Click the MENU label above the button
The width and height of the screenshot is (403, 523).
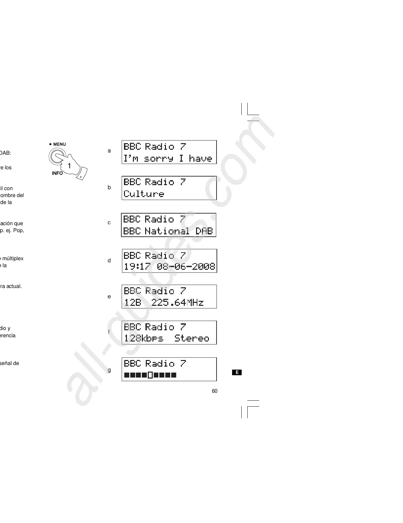click(x=60, y=144)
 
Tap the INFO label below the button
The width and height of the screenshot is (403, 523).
click(x=57, y=173)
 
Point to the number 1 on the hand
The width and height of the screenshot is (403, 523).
click(x=69, y=166)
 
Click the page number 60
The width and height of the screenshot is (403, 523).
click(x=215, y=391)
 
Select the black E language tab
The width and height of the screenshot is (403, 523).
click(x=237, y=373)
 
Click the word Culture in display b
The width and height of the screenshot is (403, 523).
click(x=144, y=194)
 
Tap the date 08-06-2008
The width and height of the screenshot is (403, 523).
click(x=186, y=266)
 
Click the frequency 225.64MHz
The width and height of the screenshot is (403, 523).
click(x=177, y=302)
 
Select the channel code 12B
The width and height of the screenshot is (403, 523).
click(x=133, y=302)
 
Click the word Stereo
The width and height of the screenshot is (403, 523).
click(x=192, y=338)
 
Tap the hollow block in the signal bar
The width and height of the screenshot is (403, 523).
click(x=150, y=375)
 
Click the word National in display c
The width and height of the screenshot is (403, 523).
click(x=167, y=231)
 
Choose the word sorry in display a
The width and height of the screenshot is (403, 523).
click(x=158, y=159)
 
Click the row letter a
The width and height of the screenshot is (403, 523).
click(x=109, y=151)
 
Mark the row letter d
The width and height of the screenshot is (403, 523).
click(x=109, y=261)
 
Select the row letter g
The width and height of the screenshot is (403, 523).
click(x=109, y=370)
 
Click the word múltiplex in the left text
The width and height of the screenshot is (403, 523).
click(x=14, y=259)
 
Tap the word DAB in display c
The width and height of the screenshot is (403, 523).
click(x=204, y=231)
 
